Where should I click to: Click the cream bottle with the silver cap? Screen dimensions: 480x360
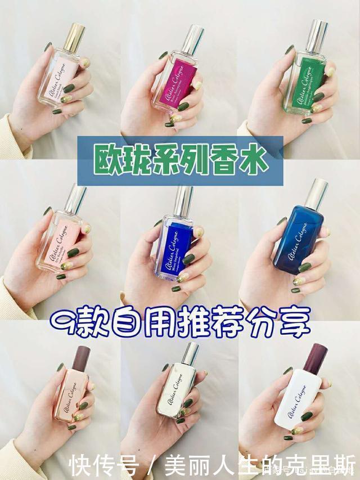pyautogui.click(x=177, y=394)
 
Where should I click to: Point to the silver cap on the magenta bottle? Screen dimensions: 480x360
pyautogui.click(x=193, y=39)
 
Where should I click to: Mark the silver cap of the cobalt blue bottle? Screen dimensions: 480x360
pyautogui.click(x=184, y=200)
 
